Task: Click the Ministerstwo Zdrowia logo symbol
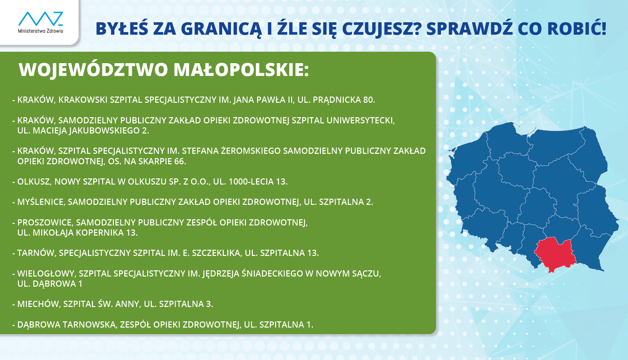coord(41,19)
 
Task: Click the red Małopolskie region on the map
coord(555,254)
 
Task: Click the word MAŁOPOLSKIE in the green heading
coord(241,69)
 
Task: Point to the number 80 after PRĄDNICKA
coord(369,100)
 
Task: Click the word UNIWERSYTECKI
coord(361,120)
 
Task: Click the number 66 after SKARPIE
coord(180,161)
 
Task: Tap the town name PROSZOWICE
coord(45,223)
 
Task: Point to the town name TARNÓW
coord(37,253)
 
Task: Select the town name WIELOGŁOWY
coord(46,274)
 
